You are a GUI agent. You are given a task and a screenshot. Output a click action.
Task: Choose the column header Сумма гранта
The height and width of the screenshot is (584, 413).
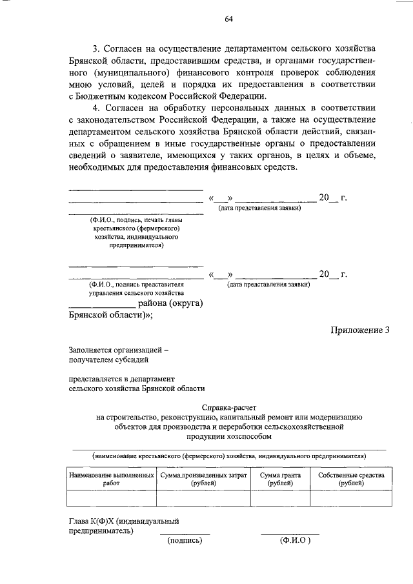(x=280, y=479)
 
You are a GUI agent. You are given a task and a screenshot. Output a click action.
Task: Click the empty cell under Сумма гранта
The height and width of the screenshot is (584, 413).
(x=280, y=498)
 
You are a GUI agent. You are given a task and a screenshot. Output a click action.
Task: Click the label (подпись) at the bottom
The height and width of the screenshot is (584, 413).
(x=185, y=541)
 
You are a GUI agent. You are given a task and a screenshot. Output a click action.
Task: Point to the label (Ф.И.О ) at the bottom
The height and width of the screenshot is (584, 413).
(x=291, y=541)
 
